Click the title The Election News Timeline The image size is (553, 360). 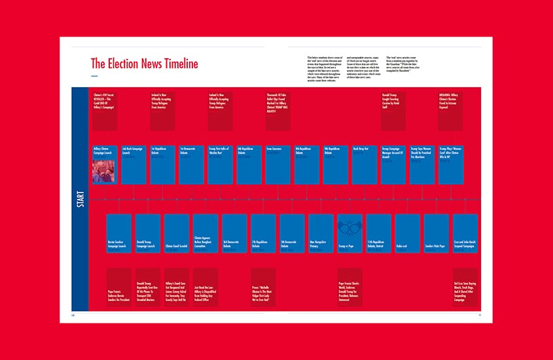pos(144,63)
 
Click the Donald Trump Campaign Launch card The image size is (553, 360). pos(148,234)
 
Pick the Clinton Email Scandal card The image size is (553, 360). pos(177,234)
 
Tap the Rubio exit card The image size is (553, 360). pos(407,234)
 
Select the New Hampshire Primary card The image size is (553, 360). pos(321,234)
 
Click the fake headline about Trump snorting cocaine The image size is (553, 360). pos(393,111)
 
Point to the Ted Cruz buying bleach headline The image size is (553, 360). pos(465,287)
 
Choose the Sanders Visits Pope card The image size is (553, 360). pos(436,234)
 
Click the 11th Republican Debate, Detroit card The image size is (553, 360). pos(379,234)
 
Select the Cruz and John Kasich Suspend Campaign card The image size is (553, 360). pos(465,234)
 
